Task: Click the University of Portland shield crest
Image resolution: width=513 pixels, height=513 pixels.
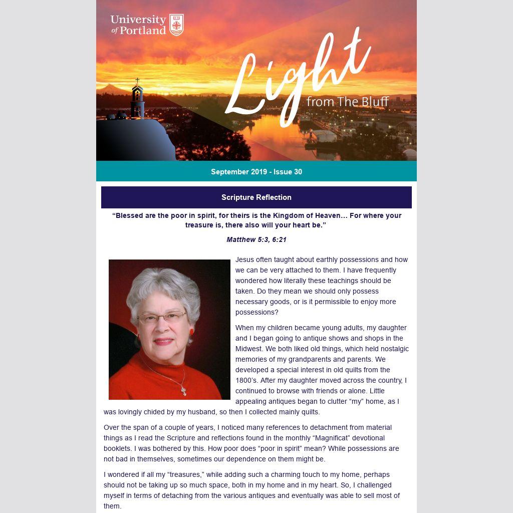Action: pos(176,25)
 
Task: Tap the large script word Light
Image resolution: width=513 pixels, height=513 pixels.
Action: pos(296,80)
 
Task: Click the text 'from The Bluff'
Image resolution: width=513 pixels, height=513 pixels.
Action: pos(347,102)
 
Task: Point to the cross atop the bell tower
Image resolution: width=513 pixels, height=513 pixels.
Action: pos(137,81)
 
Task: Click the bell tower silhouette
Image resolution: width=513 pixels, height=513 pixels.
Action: pos(137,102)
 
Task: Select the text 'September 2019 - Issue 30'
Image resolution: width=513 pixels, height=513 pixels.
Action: pos(256,172)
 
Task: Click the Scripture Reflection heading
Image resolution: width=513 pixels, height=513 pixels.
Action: pos(256,197)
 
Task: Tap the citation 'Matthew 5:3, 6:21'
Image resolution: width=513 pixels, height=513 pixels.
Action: pos(256,239)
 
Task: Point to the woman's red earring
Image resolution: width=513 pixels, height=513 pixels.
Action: pos(191,332)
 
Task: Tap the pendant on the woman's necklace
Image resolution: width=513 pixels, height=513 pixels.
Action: pos(184,390)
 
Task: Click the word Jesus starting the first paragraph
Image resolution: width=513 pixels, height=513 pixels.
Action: pos(245,260)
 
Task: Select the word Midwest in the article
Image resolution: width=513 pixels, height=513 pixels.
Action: pos(248,349)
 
